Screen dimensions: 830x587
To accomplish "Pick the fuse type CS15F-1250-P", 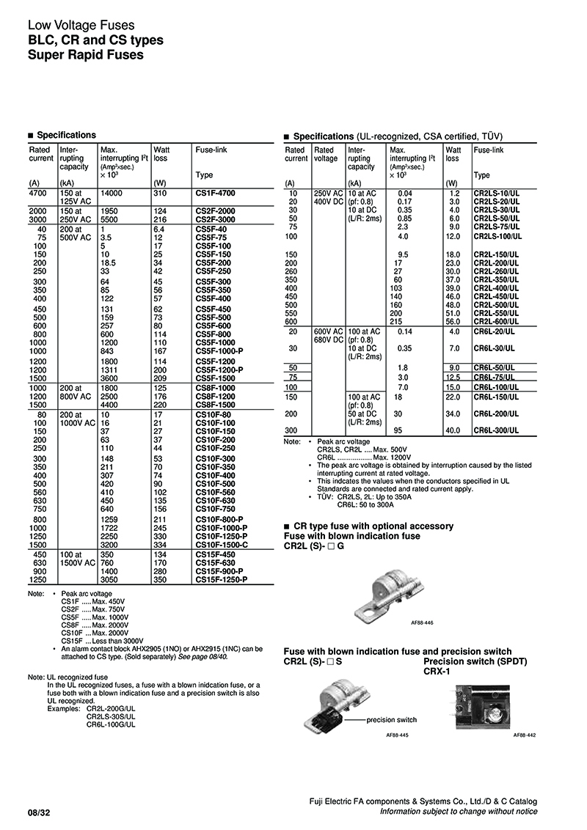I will (x=222, y=579).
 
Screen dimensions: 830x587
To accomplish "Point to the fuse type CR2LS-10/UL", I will (x=497, y=193).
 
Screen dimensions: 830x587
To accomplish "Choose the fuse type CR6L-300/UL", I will (x=497, y=430).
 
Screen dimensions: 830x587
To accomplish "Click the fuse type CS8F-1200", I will (x=216, y=395).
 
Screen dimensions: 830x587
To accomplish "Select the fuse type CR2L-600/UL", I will (x=497, y=321).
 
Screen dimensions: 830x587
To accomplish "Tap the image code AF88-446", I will (x=421, y=622).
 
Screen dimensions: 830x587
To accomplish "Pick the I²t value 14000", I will (x=111, y=193).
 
